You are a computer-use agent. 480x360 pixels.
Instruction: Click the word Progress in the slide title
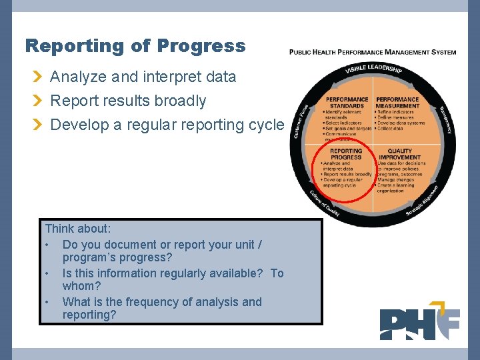tap(201, 46)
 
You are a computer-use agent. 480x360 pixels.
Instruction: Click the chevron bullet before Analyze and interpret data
tap(39, 77)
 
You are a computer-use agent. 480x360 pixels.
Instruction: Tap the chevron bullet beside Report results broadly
tap(39, 101)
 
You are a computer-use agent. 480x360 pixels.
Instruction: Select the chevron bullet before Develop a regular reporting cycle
tap(39, 125)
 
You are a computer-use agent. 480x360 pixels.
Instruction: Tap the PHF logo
tap(419, 324)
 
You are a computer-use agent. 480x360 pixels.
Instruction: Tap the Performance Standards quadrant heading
tap(347, 103)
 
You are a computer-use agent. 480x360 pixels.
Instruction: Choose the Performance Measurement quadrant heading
tap(397, 103)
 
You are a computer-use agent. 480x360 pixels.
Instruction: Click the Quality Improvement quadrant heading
tap(399, 154)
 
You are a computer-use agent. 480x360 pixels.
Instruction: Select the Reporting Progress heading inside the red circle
tap(346, 154)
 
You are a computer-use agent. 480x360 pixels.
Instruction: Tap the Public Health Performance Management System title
tap(373, 52)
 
